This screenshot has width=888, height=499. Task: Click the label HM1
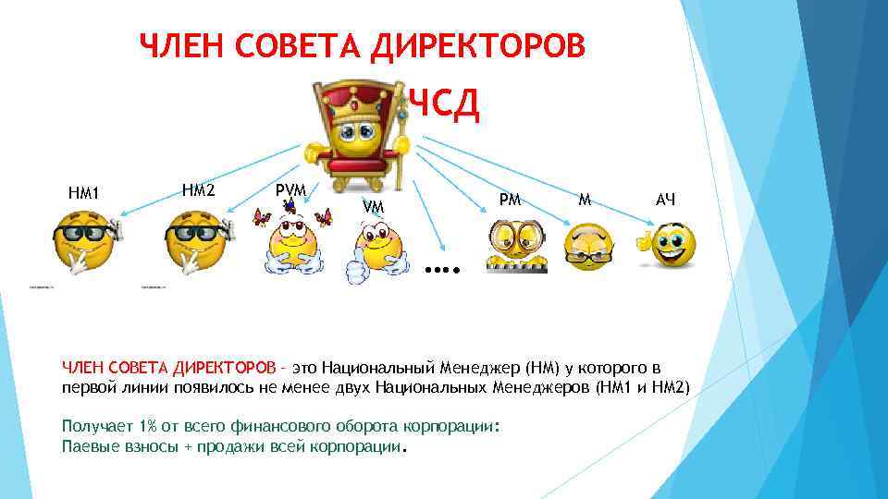point(83,194)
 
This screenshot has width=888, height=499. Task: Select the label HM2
point(198,189)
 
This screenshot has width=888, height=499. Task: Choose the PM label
point(510,198)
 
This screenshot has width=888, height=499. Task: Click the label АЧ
point(665,199)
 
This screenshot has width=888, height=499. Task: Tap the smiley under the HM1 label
point(84,243)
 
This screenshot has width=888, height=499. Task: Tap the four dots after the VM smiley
point(442,271)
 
